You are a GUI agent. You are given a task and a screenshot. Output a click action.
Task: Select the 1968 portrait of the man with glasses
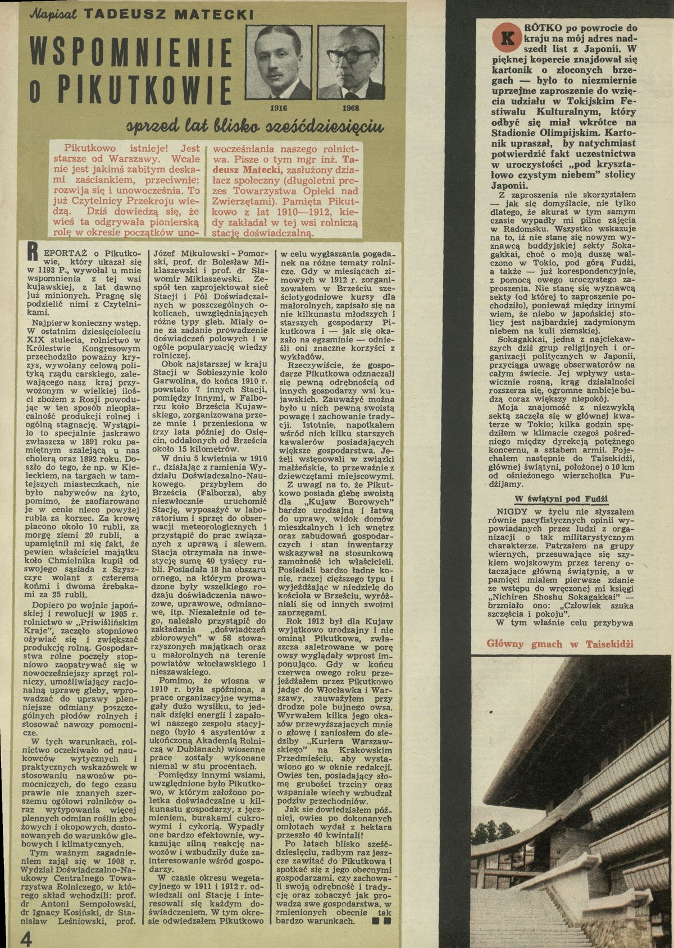pyautogui.click(x=347, y=63)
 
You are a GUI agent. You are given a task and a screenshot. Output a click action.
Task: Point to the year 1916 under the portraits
pyautogui.click(x=279, y=108)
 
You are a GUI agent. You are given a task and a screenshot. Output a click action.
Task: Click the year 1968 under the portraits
pyautogui.click(x=350, y=108)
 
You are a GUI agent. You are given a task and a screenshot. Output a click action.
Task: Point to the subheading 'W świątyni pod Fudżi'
pyautogui.click(x=562, y=498)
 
